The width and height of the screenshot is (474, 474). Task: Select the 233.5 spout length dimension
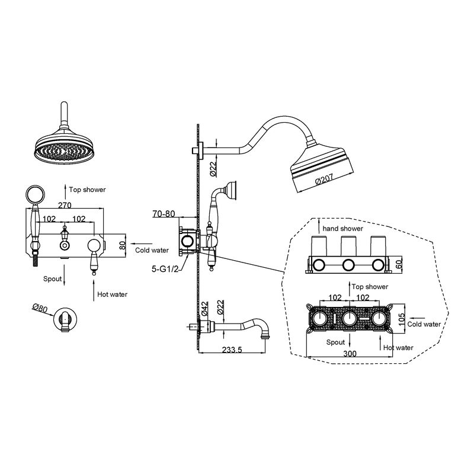[232, 350]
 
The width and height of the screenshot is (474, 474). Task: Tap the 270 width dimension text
[65, 205]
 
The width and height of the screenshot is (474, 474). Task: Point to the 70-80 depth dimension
[164, 214]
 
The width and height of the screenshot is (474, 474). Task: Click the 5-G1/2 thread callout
[165, 269]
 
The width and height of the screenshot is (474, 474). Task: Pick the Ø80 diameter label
[40, 308]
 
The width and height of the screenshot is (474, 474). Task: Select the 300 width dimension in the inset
[350, 353]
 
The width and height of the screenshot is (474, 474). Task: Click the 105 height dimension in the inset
[402, 319]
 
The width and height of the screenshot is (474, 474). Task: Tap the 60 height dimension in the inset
[399, 264]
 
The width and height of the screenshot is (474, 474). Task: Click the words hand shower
[343, 229]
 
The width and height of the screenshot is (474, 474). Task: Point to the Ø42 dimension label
[204, 309]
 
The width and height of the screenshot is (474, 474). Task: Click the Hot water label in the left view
[112, 294]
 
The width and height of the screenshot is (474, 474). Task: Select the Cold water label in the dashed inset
[424, 324]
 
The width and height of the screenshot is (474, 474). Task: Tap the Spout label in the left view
[52, 278]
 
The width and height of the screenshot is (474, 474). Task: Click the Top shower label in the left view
[87, 190]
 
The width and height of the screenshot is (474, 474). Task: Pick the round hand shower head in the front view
[36, 194]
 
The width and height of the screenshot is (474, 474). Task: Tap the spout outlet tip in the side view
[265, 335]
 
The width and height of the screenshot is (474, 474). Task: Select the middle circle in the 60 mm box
[348, 265]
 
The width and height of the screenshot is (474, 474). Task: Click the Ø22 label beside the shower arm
[213, 169]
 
